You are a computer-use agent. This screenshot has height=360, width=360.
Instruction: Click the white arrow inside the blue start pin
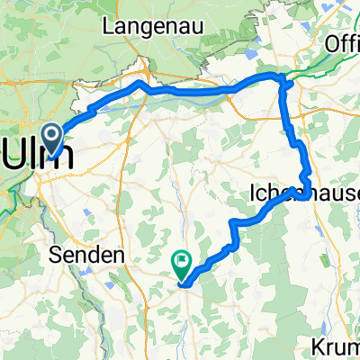54,138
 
